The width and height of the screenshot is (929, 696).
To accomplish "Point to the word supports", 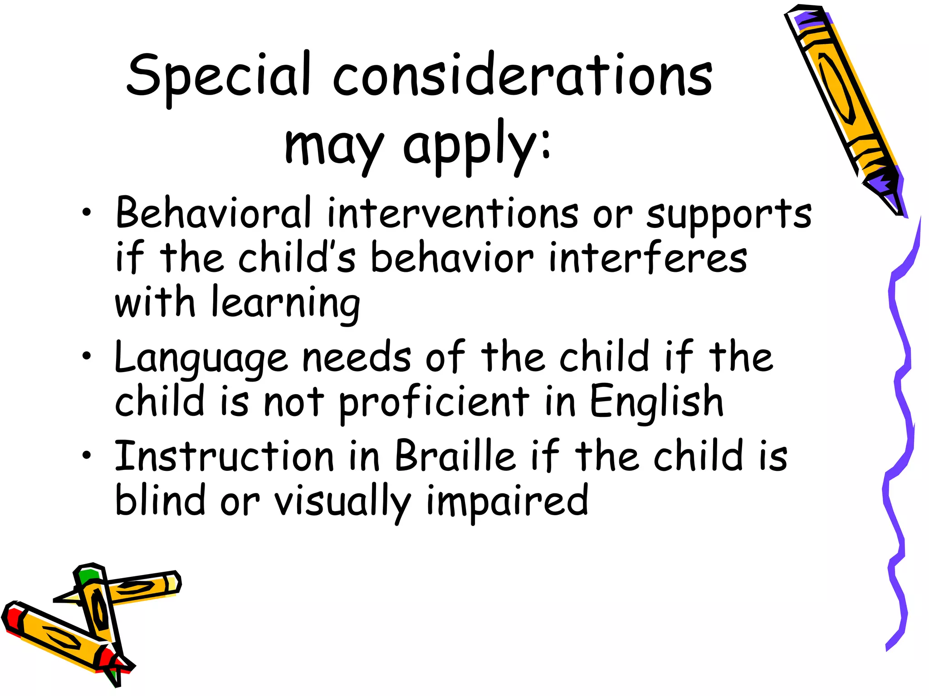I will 729,216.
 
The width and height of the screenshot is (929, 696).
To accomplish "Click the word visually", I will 342,501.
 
